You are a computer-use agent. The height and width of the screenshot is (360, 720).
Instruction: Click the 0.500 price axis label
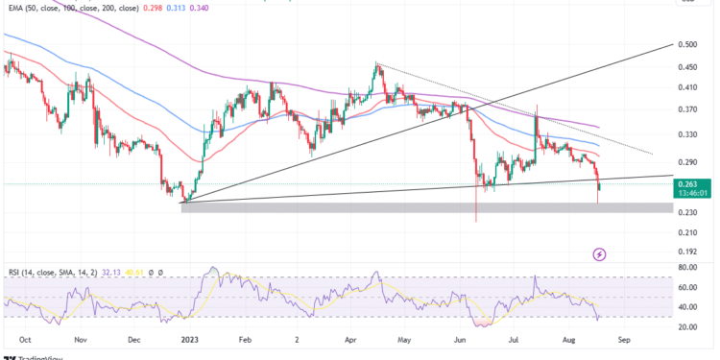[687, 44]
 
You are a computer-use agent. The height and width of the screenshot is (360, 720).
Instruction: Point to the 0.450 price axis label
[687, 67]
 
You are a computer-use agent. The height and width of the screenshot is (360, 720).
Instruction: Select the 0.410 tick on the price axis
[687, 87]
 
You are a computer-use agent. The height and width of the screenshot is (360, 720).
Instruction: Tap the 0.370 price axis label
[687, 109]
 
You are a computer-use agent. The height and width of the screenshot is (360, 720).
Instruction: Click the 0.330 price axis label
[687, 134]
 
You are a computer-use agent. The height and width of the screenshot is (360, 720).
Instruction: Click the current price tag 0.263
[687, 182]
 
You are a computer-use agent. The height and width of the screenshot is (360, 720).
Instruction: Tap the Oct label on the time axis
[26, 340]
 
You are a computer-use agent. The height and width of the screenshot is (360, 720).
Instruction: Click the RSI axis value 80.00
[688, 268]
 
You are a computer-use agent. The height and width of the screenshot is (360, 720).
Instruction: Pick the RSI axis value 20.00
[688, 326]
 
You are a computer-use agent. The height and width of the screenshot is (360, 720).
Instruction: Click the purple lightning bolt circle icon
[600, 253]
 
